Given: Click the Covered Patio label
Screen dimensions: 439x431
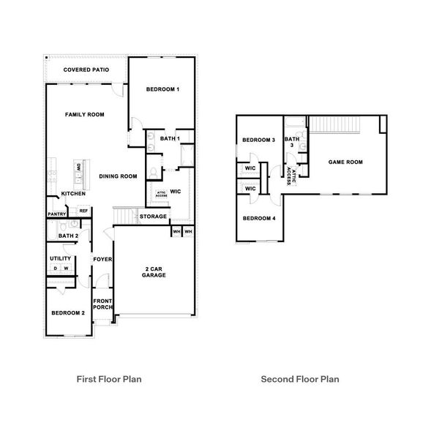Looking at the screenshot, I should [86, 70].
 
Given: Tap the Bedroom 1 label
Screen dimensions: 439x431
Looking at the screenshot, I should [162, 89].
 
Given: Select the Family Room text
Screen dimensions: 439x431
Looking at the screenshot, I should [84, 115].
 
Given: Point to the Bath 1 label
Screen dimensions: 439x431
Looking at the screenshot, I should [161, 139].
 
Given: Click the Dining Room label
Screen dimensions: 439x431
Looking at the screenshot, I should [119, 176].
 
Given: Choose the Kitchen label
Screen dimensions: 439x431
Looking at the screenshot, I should [74, 194].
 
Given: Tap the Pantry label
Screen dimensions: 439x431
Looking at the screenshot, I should [57, 214].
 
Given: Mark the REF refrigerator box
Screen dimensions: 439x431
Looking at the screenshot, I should [83, 211].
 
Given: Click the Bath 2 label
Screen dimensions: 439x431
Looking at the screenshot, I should [68, 236].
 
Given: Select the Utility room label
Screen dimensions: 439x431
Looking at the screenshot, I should [60, 258].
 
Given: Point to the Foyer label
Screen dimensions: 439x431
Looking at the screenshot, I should [102, 259].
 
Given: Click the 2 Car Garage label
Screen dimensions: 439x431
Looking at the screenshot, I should [154, 271].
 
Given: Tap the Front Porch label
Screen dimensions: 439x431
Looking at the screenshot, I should [102, 304].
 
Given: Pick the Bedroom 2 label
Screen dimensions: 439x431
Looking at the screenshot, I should [68, 312].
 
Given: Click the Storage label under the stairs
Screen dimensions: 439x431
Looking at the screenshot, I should [154, 217].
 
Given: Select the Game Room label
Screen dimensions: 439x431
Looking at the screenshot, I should [345, 162].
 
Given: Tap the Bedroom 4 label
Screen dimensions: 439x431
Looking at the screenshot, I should [259, 218].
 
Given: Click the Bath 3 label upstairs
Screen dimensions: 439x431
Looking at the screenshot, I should [292, 142].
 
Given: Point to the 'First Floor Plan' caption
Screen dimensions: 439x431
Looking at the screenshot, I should [109, 380].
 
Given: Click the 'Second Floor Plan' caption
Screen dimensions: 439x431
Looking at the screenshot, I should [300, 380].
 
